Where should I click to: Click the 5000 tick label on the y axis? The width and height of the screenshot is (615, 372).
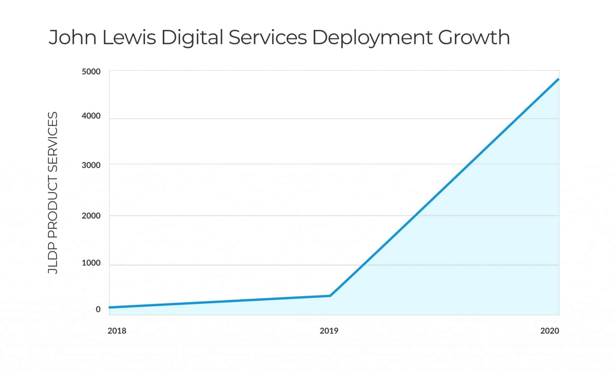click(x=91, y=72)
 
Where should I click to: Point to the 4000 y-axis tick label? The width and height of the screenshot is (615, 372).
click(x=91, y=116)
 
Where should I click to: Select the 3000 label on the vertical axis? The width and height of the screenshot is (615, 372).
click(x=91, y=165)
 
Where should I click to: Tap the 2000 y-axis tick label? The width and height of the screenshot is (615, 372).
click(x=91, y=216)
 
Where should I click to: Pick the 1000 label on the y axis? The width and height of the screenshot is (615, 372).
click(x=91, y=263)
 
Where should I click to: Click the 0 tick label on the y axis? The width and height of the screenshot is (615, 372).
click(x=98, y=309)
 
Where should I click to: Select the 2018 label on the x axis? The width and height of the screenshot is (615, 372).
click(x=117, y=331)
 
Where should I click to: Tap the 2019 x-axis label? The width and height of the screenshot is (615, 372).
click(x=329, y=331)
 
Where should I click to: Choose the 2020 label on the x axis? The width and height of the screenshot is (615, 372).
click(x=550, y=331)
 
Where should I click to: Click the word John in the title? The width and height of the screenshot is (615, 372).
click(x=72, y=38)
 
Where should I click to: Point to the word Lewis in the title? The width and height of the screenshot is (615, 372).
click(x=129, y=38)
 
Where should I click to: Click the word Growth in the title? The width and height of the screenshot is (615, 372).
click(x=474, y=38)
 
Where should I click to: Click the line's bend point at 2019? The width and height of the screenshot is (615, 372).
click(x=330, y=296)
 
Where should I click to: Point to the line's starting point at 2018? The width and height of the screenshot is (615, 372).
click(x=110, y=307)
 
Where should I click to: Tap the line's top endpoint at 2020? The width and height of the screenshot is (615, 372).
click(x=558, y=79)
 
